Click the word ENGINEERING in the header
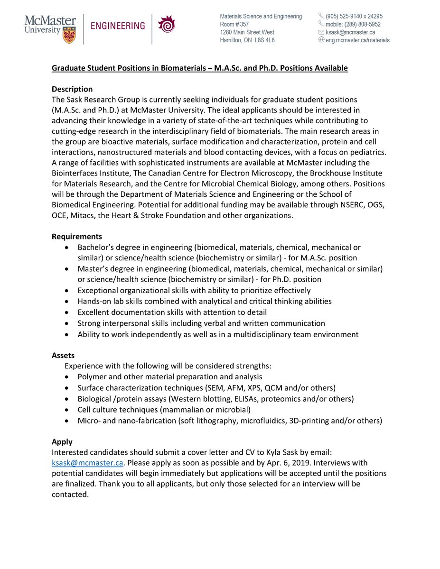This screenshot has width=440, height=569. tap(118, 26)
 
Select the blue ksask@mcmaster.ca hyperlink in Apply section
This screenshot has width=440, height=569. tap(87, 463)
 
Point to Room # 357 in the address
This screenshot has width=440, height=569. tap(234, 24)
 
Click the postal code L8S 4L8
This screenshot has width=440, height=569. tap(264, 40)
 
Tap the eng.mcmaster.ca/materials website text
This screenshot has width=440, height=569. tap(357, 40)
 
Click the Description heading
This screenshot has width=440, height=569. tap(72, 89)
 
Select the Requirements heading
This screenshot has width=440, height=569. tap(77, 237)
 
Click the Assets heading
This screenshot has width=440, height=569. tap(63, 355)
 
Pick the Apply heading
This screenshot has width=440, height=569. tap(62, 442)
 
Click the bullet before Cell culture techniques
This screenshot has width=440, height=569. tap(67, 410)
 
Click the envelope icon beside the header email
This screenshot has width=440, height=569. tap(321, 32)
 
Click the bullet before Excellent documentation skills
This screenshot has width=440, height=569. tap(67, 312)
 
